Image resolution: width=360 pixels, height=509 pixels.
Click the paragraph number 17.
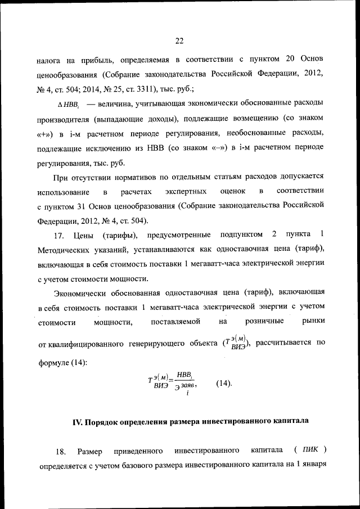61,235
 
